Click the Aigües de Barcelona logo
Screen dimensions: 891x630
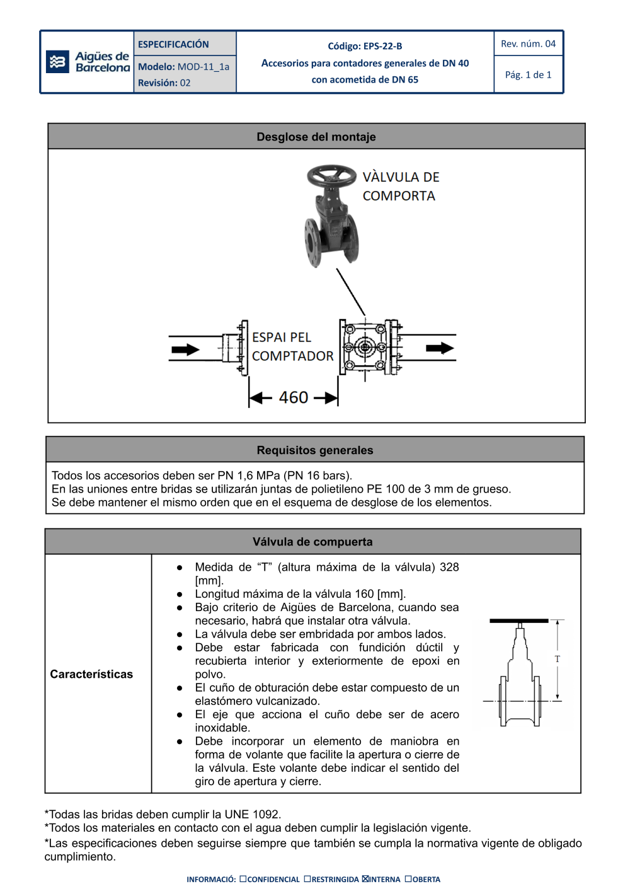pos(88,62)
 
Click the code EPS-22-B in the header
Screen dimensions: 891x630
pos(382,46)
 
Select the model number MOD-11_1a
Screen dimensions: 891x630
pos(203,67)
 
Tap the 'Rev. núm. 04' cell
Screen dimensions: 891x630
pos(528,44)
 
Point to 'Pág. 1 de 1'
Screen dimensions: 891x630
pos(528,75)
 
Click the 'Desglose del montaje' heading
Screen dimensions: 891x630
pos(316,137)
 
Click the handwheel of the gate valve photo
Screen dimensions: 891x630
pos(331,175)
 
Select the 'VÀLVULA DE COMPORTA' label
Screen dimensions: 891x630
pos(400,187)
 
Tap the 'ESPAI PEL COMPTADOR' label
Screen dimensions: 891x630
pos(292,347)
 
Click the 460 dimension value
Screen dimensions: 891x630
pos(294,397)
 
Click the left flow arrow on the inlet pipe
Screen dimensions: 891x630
pos(185,349)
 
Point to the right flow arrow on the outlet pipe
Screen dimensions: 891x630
pos(440,348)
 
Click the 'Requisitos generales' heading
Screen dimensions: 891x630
pos(314,450)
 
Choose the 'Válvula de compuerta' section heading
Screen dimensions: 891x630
pos(312,542)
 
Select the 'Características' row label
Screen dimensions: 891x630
pos(91,674)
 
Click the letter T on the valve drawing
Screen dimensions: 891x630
pos(557,659)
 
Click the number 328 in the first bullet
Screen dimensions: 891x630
pos(449,567)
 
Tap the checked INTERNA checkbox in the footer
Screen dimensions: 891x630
pos(365,879)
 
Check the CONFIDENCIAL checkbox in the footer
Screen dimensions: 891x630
pos(243,879)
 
